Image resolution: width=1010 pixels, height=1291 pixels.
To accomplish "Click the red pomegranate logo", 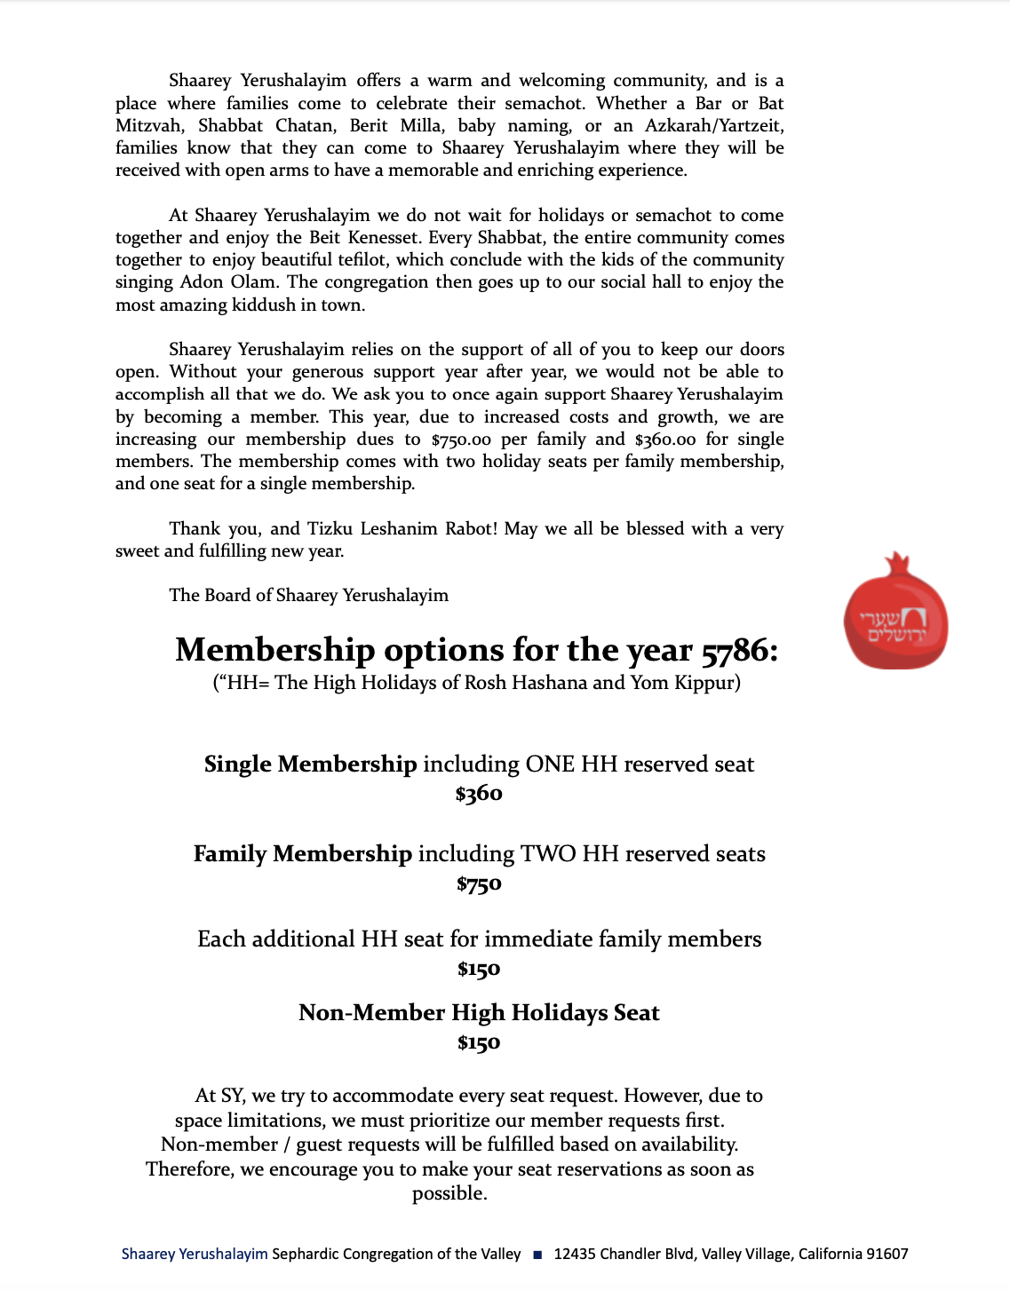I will pyautogui.click(x=895, y=613).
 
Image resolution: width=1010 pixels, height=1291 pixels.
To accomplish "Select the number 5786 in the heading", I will pyautogui.click(x=734, y=651).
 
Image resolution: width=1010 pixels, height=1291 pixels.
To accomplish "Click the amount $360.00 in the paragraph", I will pyautogui.click(x=665, y=440).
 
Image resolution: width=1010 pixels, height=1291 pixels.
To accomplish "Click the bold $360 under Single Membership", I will pyautogui.click(x=479, y=794).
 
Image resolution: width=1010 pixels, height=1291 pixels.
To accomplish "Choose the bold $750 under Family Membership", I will pyautogui.click(x=479, y=884).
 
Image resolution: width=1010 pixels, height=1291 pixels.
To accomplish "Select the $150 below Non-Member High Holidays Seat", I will pyautogui.click(x=479, y=1042).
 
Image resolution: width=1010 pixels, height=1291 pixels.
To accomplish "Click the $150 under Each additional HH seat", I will pyautogui.click(x=479, y=970).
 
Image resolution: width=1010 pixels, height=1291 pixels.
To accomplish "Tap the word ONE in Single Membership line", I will pyautogui.click(x=550, y=764).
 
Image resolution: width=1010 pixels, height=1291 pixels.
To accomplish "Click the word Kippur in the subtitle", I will pyautogui.click(x=705, y=683).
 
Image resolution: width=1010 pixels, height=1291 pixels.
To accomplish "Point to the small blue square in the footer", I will pyautogui.click(x=537, y=1255).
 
